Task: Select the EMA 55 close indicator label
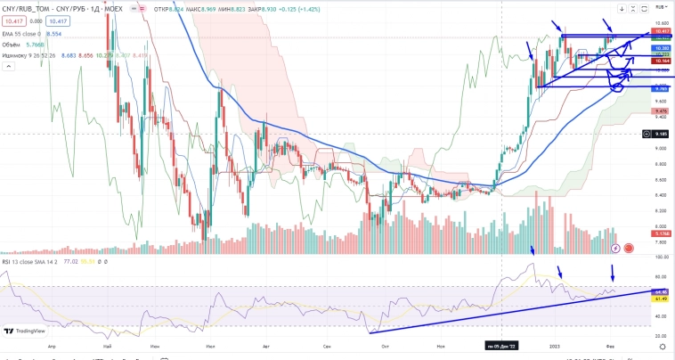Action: point(23,32)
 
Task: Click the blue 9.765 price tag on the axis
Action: point(661,89)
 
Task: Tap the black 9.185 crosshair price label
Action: point(661,134)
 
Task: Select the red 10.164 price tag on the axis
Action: point(661,61)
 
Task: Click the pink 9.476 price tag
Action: point(661,110)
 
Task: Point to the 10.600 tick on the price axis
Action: point(661,23)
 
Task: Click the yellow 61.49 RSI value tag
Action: point(661,299)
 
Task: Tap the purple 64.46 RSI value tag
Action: point(661,291)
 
